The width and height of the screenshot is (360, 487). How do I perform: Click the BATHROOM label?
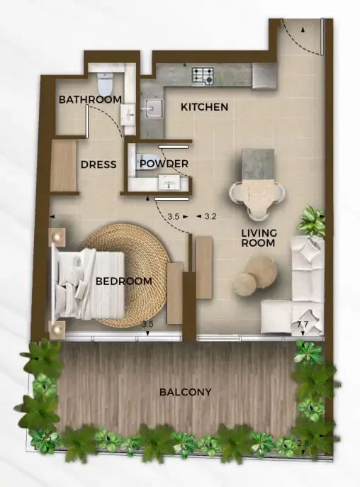(90, 99)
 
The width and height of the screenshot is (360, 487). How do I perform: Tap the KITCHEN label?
(204, 107)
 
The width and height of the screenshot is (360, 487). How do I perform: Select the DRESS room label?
(98, 164)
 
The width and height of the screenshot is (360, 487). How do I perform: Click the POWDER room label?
(164, 164)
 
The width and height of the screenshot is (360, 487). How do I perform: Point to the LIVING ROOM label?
(259, 238)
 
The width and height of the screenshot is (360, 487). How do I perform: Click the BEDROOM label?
(123, 281)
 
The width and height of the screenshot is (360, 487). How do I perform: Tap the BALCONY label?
(185, 391)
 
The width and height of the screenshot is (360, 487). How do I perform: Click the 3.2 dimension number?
(210, 216)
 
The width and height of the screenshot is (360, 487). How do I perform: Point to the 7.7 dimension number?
(302, 325)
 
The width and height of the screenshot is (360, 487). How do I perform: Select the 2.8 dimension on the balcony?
(303, 444)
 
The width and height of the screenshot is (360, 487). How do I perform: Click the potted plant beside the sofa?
(311, 220)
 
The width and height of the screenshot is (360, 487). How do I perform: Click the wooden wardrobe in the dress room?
(63, 166)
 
